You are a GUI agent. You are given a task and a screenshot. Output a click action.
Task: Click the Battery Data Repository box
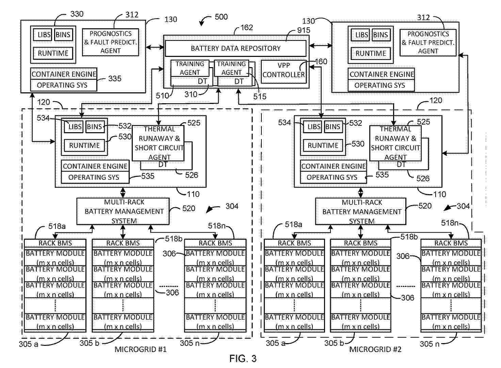pyautogui.click(x=236, y=48)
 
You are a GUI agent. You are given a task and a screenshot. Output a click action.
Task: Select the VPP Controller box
pyautogui.click(x=284, y=70)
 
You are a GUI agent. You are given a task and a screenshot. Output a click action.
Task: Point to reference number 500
pyautogui.click(x=221, y=17)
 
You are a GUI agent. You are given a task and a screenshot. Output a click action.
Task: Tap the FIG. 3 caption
pyautogui.click(x=243, y=358)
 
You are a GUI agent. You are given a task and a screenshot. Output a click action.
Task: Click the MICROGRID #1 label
pyautogui.click(x=141, y=349)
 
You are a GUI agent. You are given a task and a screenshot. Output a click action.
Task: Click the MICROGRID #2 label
pyautogui.click(x=375, y=349)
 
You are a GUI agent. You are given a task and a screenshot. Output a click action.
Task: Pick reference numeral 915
pyautogui.click(x=304, y=30)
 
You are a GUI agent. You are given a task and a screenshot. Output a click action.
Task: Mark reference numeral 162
pyautogui.click(x=247, y=28)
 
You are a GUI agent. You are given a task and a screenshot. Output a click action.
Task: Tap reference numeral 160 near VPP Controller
pyautogui.click(x=321, y=61)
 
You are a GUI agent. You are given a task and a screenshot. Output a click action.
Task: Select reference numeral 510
pyautogui.click(x=162, y=95)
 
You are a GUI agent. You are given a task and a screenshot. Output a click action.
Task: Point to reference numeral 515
pyautogui.click(x=260, y=96)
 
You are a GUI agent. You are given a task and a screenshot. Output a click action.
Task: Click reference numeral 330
pyautogui.click(x=77, y=14)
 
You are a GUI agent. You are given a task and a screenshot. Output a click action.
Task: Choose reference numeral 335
pyautogui.click(x=115, y=79)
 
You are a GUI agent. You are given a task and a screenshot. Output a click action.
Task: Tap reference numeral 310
pyautogui.click(x=191, y=94)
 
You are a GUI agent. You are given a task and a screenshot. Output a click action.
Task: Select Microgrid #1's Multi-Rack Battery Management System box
pyautogui.click(x=123, y=211)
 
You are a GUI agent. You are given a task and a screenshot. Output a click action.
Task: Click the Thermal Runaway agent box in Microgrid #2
pyautogui.click(x=395, y=143)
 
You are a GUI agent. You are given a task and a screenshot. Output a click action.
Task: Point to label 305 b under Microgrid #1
pyautogui.click(x=90, y=343)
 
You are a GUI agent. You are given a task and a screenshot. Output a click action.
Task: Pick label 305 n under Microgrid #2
pyautogui.click(x=429, y=344)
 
